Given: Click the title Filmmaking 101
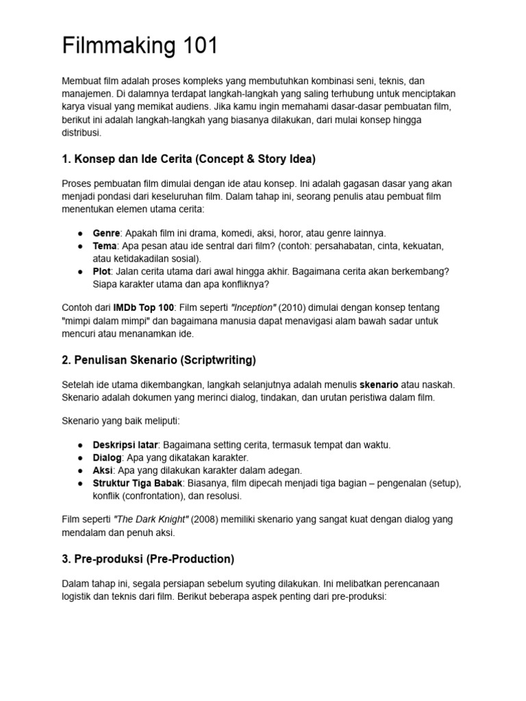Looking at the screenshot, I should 140,47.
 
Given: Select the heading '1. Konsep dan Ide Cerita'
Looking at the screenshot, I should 188,160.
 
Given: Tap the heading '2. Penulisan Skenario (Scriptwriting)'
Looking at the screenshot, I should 159,359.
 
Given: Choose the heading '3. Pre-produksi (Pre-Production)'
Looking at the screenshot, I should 148,559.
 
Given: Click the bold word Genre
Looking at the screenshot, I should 107,233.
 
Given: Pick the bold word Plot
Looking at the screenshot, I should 103,271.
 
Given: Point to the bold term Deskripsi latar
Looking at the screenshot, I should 125,445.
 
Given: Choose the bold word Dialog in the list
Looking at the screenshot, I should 108,457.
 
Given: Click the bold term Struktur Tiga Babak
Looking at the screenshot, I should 138,483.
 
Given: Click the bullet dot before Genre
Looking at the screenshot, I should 81,233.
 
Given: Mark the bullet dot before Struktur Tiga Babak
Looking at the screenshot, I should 81,483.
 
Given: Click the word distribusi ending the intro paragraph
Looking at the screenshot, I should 81,133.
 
